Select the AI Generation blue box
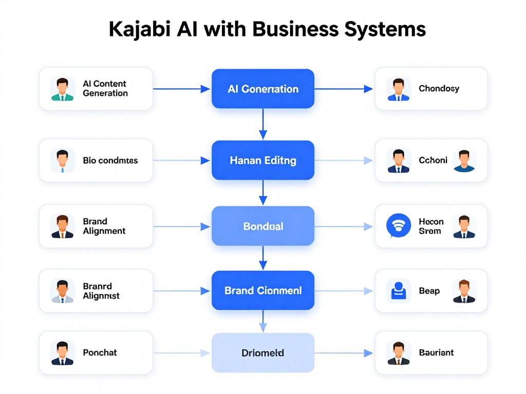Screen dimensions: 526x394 (x=262, y=89)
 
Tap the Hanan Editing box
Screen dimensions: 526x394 (x=262, y=161)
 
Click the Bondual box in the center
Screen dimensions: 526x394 (x=262, y=226)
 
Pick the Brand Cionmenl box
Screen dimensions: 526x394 (x=262, y=290)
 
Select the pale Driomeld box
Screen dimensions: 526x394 (x=262, y=353)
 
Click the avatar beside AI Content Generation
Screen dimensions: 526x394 (x=62, y=89)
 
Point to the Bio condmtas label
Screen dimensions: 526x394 (x=110, y=161)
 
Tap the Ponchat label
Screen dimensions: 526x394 (x=100, y=353)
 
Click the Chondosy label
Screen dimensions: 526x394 (x=439, y=89)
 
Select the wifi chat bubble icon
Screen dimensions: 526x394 (x=398, y=226)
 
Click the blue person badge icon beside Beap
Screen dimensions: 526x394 (x=399, y=291)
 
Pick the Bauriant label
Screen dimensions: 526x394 (x=436, y=353)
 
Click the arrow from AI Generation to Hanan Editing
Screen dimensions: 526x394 (x=262, y=124)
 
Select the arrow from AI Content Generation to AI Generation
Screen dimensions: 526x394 (x=182, y=89)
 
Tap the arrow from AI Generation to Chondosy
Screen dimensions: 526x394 (x=343, y=89)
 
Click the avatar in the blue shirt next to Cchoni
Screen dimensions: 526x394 (x=464, y=161)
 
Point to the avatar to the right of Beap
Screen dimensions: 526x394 (x=464, y=291)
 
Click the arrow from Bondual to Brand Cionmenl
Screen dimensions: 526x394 (x=262, y=258)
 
